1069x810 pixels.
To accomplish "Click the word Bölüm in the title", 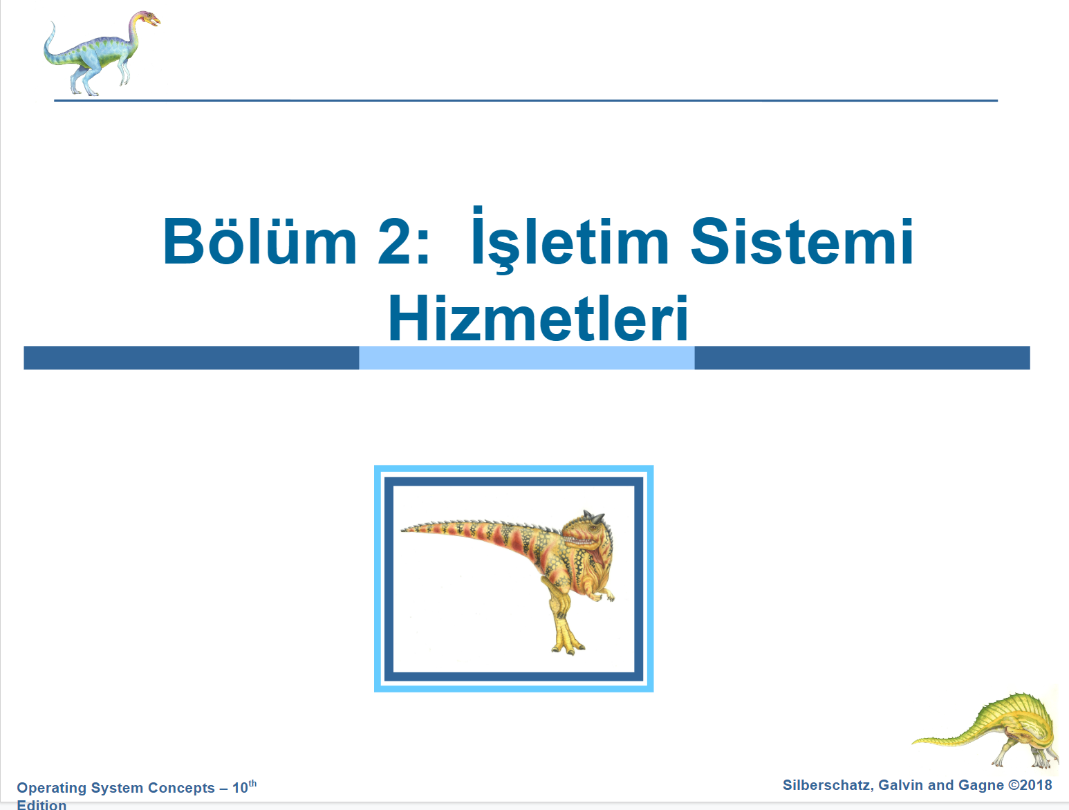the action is click(x=259, y=241).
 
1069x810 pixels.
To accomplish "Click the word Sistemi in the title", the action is click(x=801, y=241).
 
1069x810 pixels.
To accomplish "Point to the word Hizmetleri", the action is click(x=538, y=318).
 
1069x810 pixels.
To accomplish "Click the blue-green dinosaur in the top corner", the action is click(x=102, y=53).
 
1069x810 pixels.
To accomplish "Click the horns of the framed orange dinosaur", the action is click(x=594, y=516).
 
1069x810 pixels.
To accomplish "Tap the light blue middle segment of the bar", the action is click(x=527, y=358).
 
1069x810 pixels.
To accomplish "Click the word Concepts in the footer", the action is click(x=182, y=788).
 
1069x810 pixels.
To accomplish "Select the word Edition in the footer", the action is click(x=41, y=804).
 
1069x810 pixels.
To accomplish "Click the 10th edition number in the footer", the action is click(x=245, y=786).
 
